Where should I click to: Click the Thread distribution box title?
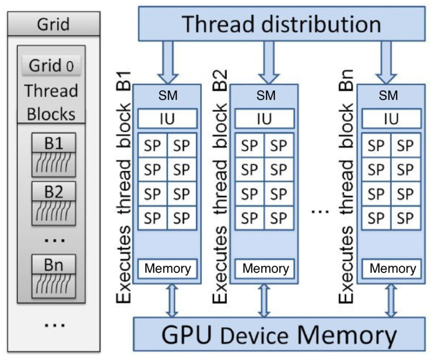(x=281, y=24)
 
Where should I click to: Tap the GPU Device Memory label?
(x=279, y=335)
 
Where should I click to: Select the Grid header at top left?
(x=53, y=24)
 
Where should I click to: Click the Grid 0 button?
(x=51, y=65)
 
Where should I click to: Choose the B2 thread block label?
(x=53, y=191)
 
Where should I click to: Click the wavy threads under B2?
(x=53, y=212)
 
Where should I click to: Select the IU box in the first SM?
(x=167, y=119)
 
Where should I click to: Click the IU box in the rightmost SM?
(x=391, y=119)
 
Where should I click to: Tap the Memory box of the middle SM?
(x=265, y=268)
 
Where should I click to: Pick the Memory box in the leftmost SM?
(x=167, y=268)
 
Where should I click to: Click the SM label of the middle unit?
(x=266, y=95)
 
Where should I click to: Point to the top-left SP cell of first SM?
(x=152, y=145)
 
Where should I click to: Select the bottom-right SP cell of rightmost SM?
(x=405, y=218)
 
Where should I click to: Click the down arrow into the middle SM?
(x=269, y=62)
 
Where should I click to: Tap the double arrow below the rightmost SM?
(x=391, y=301)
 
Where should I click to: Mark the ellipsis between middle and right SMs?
(x=320, y=211)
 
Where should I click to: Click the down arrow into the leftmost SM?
(x=168, y=62)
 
